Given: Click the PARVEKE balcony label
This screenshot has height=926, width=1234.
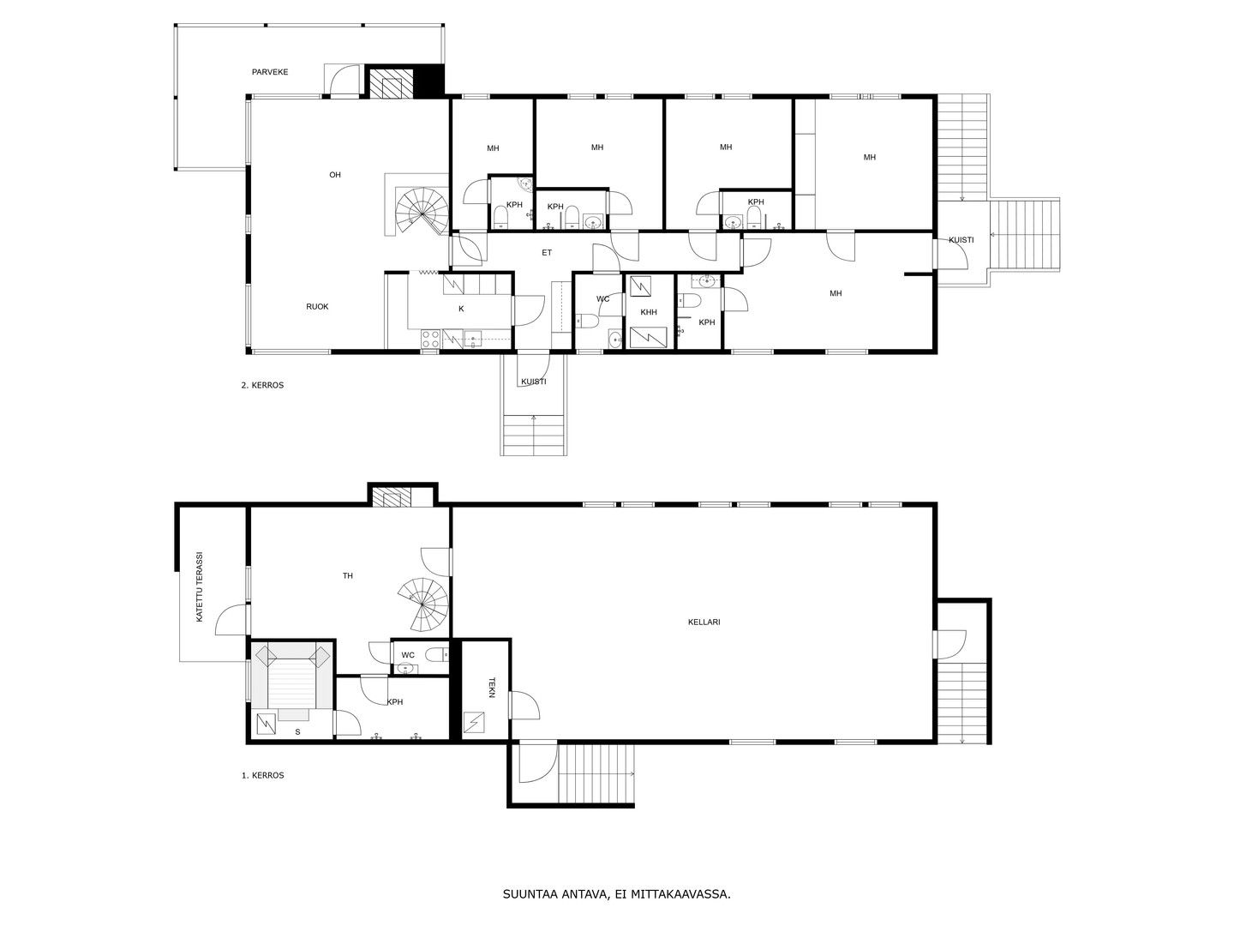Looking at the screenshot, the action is (x=270, y=72).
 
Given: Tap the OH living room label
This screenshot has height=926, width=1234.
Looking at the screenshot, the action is (x=335, y=175).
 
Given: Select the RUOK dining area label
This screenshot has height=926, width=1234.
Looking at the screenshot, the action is (x=317, y=306).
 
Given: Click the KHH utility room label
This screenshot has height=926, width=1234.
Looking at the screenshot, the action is (x=649, y=312).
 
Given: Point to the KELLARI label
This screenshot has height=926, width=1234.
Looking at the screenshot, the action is (x=704, y=622).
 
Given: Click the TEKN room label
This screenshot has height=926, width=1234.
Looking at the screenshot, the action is (x=491, y=687).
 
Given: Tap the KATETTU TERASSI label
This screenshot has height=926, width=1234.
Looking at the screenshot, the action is (x=199, y=587).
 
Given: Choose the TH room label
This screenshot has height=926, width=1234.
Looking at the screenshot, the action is (x=348, y=575).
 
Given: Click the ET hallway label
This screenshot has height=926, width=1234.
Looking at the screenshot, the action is (x=547, y=253).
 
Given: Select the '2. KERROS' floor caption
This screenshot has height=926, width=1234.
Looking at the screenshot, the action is (x=262, y=385).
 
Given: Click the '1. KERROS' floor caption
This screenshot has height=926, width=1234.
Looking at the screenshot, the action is (x=262, y=775).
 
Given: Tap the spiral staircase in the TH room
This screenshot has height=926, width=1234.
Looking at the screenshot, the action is (x=423, y=604).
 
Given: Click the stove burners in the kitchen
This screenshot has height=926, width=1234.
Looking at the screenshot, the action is (x=431, y=339).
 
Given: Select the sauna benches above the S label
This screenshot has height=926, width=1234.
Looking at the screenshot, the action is (x=292, y=676).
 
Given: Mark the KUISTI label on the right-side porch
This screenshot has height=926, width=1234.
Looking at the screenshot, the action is (x=961, y=240).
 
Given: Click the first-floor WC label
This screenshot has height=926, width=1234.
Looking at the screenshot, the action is (x=408, y=655).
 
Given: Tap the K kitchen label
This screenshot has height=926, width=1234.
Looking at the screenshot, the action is (x=461, y=309).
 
